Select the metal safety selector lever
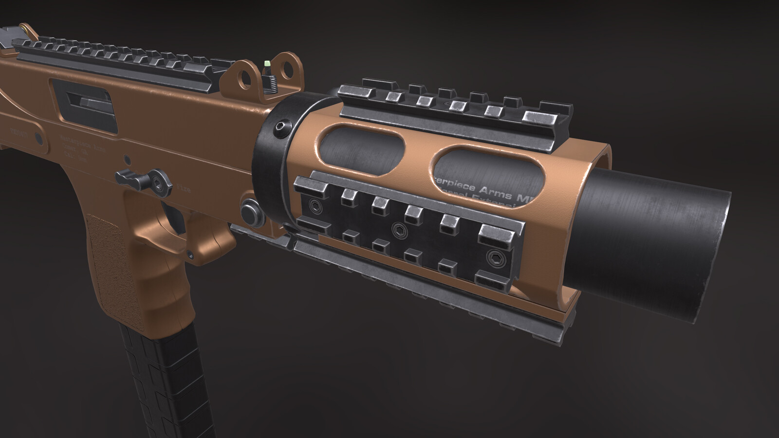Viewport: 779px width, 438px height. [x=147, y=180]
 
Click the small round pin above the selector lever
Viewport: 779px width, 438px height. [x=127, y=159]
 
